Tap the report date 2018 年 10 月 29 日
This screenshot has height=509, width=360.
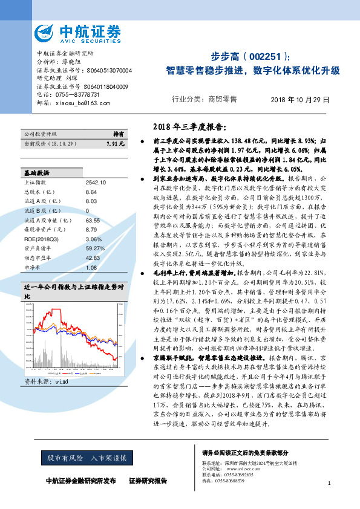pyautogui.click(x=299, y=99)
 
